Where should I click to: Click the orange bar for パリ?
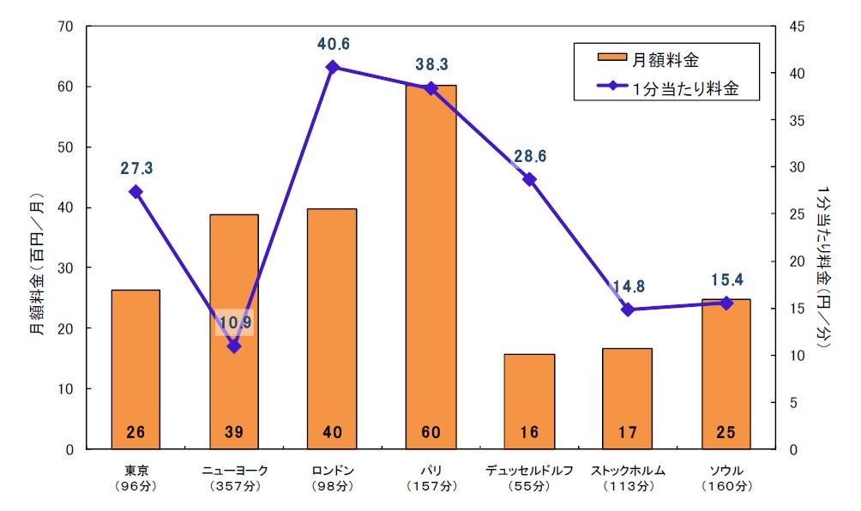click(x=430, y=257)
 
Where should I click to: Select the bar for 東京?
click(x=135, y=360)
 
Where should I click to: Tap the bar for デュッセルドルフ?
click(x=529, y=394)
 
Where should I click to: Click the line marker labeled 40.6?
click(x=333, y=67)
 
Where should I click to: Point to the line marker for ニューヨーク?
click(x=234, y=346)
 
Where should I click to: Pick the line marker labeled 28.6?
click(x=529, y=179)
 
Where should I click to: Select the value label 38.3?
click(x=431, y=64)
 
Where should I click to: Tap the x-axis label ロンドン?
click(x=333, y=471)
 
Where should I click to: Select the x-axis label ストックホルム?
click(x=628, y=471)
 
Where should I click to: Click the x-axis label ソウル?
click(x=726, y=471)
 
